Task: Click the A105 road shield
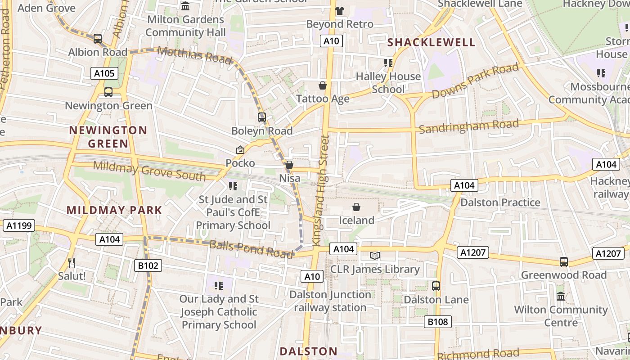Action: (104, 73)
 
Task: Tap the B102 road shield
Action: (148, 265)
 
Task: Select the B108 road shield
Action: (437, 322)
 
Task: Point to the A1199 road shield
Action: (19, 225)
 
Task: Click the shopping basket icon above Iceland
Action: (356, 207)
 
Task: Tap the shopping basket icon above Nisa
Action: (289, 165)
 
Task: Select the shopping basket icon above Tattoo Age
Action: (323, 85)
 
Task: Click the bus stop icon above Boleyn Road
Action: (262, 117)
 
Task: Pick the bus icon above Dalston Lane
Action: (436, 286)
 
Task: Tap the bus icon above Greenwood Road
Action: (563, 261)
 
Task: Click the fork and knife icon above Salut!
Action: (71, 262)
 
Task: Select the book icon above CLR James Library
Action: (375, 256)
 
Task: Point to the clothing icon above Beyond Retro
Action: (340, 11)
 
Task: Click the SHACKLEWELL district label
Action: (431, 42)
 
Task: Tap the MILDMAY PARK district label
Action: (114, 210)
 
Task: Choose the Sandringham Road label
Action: (469, 126)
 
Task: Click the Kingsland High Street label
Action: (322, 190)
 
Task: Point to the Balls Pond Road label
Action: (251, 249)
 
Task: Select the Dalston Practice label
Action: (500, 202)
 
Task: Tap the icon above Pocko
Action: (240, 150)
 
